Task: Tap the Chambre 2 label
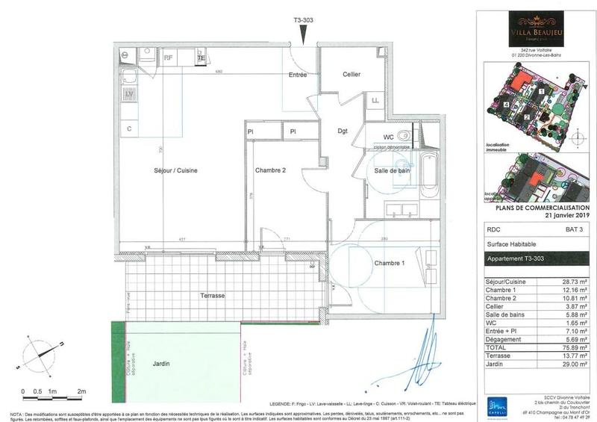point(270,170)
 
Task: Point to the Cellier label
point(351,75)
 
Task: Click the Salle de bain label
point(392,171)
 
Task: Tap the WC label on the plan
point(388,137)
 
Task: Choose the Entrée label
point(298,75)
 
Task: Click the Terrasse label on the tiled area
point(212,296)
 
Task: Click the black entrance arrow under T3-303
point(302,34)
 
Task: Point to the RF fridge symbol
point(169,56)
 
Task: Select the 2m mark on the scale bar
point(82,391)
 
